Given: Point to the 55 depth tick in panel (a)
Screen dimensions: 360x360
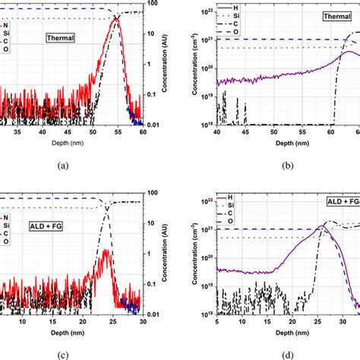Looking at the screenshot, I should coord(118,132).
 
